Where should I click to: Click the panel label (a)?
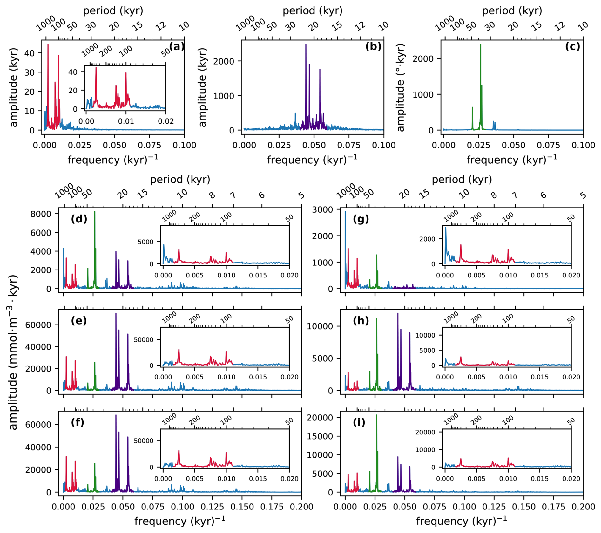(x=177, y=47)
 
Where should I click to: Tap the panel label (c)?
(x=572, y=47)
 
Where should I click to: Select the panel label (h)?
(x=361, y=321)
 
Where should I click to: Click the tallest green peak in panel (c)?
(x=480, y=45)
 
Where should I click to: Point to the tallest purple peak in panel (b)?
(x=306, y=45)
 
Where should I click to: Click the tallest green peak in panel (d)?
(x=95, y=212)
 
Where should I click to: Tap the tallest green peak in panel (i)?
(x=377, y=415)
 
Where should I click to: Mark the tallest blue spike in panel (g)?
(x=345, y=212)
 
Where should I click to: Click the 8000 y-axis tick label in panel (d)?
(x=41, y=214)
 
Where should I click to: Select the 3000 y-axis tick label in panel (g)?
(x=322, y=210)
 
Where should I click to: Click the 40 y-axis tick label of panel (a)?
(x=30, y=53)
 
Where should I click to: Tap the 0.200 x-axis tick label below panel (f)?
(x=301, y=507)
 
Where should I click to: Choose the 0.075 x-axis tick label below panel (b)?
(x=348, y=145)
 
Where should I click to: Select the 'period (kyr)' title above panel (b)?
(x=313, y=11)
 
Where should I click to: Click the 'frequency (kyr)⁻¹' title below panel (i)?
(x=462, y=521)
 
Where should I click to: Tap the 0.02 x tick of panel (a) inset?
(x=166, y=121)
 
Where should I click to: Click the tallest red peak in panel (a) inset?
(x=96, y=68)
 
